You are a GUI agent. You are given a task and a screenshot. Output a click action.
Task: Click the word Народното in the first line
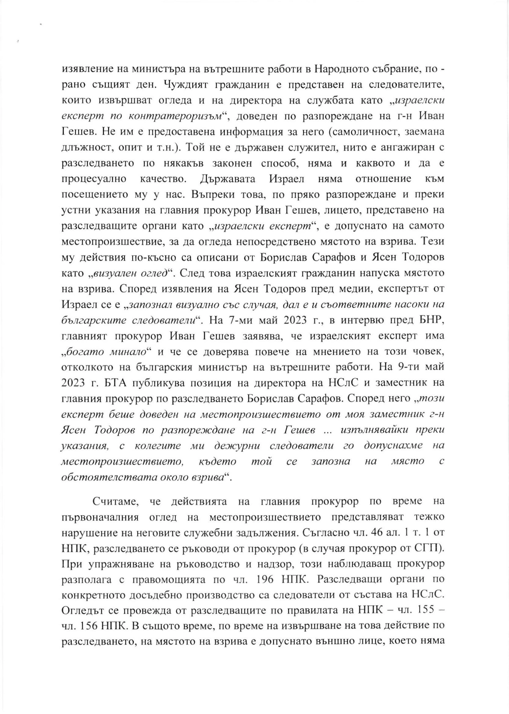point(344,69)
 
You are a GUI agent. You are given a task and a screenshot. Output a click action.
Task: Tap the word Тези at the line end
point(433,242)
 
